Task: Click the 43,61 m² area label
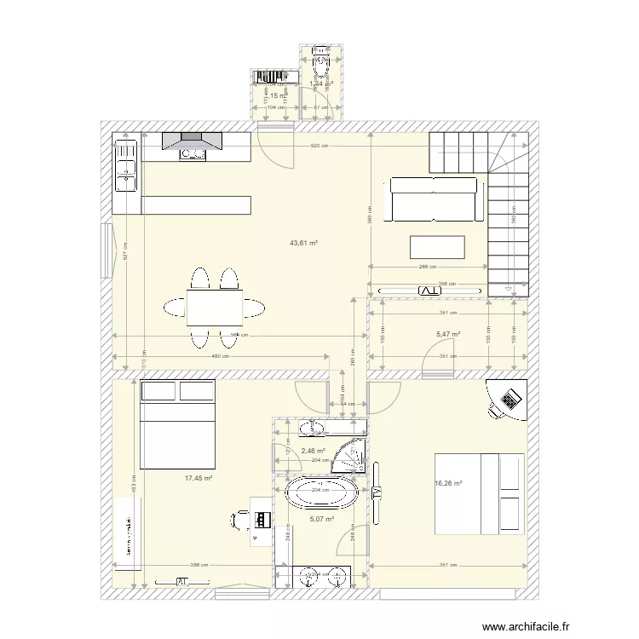click(303, 243)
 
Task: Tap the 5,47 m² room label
click(447, 335)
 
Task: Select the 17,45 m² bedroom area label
click(198, 479)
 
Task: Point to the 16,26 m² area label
click(448, 483)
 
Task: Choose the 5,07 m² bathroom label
click(321, 519)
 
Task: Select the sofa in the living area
click(432, 199)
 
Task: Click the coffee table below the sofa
click(438, 246)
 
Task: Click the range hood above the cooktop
click(193, 139)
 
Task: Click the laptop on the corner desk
click(511, 400)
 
